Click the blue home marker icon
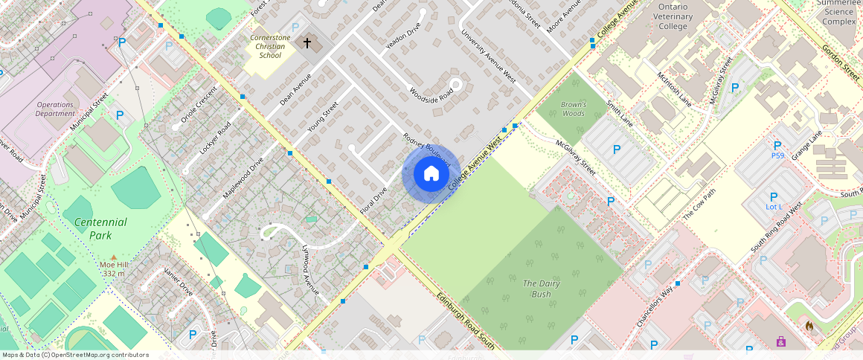[x=431, y=174]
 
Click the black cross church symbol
[x=307, y=43]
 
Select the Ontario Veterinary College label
[x=674, y=16]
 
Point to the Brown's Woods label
[x=573, y=109]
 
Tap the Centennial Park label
[x=100, y=228]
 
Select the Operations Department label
[x=56, y=109]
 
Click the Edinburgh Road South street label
[x=466, y=320]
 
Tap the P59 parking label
[x=777, y=155]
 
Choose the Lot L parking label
[x=774, y=206]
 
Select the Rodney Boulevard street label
[x=426, y=149]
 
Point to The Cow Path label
[x=699, y=206]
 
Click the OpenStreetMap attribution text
[x=76, y=355]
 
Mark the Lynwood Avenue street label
[x=314, y=269]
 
